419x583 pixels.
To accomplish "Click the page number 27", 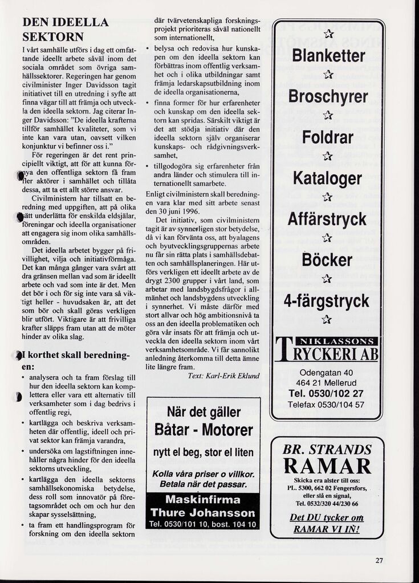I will coord(380,559).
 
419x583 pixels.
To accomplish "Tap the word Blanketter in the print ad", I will coord(328,56).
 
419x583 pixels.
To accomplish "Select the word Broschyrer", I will coord(328,97).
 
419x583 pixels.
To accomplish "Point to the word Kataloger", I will coord(328,178).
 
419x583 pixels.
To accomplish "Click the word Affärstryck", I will coord(328,219).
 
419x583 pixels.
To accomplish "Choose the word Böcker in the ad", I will coord(328,260).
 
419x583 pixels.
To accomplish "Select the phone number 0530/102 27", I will coord(326,393).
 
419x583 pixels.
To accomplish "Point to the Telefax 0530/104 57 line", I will coord(326,405).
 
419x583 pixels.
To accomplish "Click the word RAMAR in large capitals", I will coord(327,466).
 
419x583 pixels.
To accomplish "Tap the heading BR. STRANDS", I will coord(327,449).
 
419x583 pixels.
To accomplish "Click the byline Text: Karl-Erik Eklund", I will coord(224,376).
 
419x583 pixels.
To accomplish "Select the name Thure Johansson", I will coord(203,512).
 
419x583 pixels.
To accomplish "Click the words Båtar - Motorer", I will coord(203,430).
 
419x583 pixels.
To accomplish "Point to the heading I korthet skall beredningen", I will coord(78,361).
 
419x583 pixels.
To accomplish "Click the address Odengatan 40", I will coord(326,373).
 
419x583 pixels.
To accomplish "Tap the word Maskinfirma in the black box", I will coord(203,499).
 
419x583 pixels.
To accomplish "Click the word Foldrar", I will coord(328,137).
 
